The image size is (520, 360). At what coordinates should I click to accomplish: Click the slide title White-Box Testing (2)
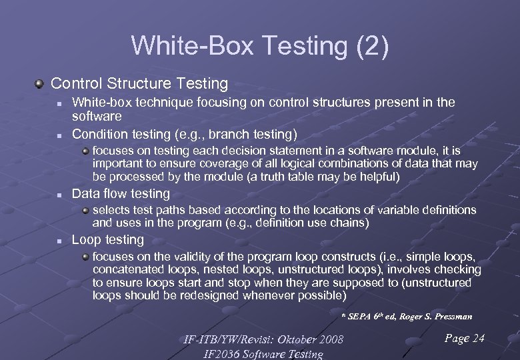[260, 45]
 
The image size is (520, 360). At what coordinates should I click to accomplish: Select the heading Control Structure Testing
[139, 84]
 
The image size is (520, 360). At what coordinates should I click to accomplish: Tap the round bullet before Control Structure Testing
[40, 84]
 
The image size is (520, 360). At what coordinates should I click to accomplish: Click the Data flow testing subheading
[121, 194]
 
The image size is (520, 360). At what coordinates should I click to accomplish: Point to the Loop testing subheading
[107, 240]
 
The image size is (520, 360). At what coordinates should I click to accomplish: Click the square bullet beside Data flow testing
[59, 195]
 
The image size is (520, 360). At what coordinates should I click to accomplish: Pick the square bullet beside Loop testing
[59, 241]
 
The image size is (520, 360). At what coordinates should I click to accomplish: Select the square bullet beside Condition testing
[59, 134]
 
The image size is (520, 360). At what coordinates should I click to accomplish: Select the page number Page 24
[464, 339]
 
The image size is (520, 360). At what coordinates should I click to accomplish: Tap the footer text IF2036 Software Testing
[263, 354]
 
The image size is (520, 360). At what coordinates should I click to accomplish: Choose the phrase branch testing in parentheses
[257, 133]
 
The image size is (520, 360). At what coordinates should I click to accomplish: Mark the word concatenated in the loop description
[125, 269]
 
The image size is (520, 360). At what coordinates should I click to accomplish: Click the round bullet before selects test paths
[86, 211]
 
